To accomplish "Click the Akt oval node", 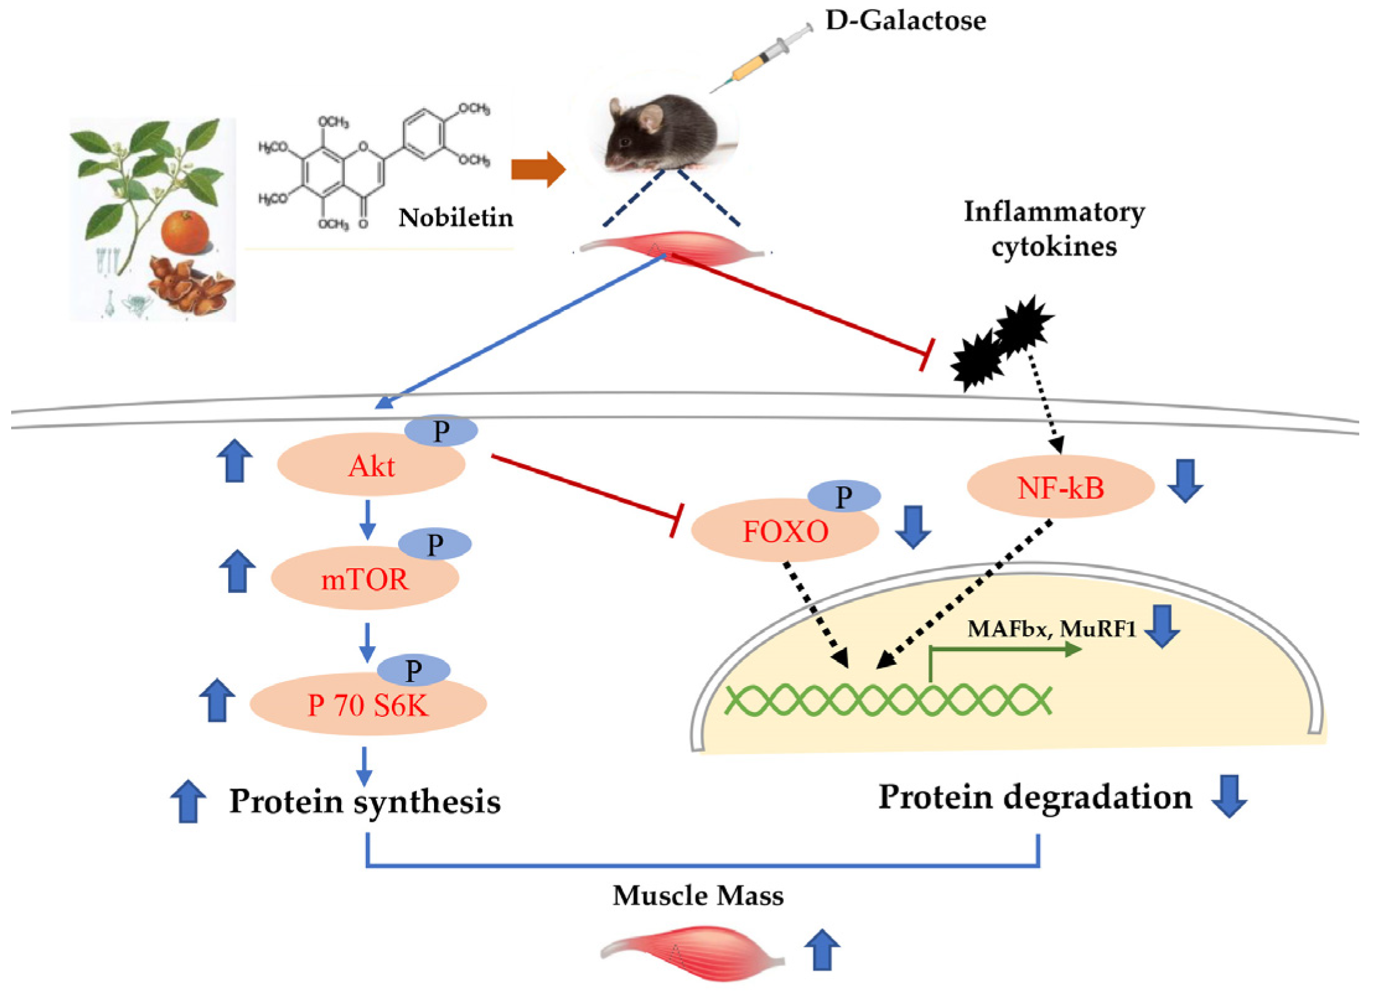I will tap(370, 466).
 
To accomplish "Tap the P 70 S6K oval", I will tap(368, 705).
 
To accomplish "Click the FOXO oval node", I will tap(784, 531).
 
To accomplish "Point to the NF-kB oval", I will tap(1060, 488).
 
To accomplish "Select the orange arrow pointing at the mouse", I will tap(538, 169).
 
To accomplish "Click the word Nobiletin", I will tap(455, 218).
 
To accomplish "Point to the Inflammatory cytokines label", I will tap(1054, 229).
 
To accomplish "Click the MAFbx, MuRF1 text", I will tap(1051, 629).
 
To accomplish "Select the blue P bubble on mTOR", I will tap(434, 544).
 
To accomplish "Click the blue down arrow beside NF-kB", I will tap(1185, 481).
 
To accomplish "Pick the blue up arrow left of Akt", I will tap(235, 460).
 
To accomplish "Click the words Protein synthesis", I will tap(365, 801).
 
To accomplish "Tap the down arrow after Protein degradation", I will tap(1228, 796).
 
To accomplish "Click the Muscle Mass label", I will tap(698, 896).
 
